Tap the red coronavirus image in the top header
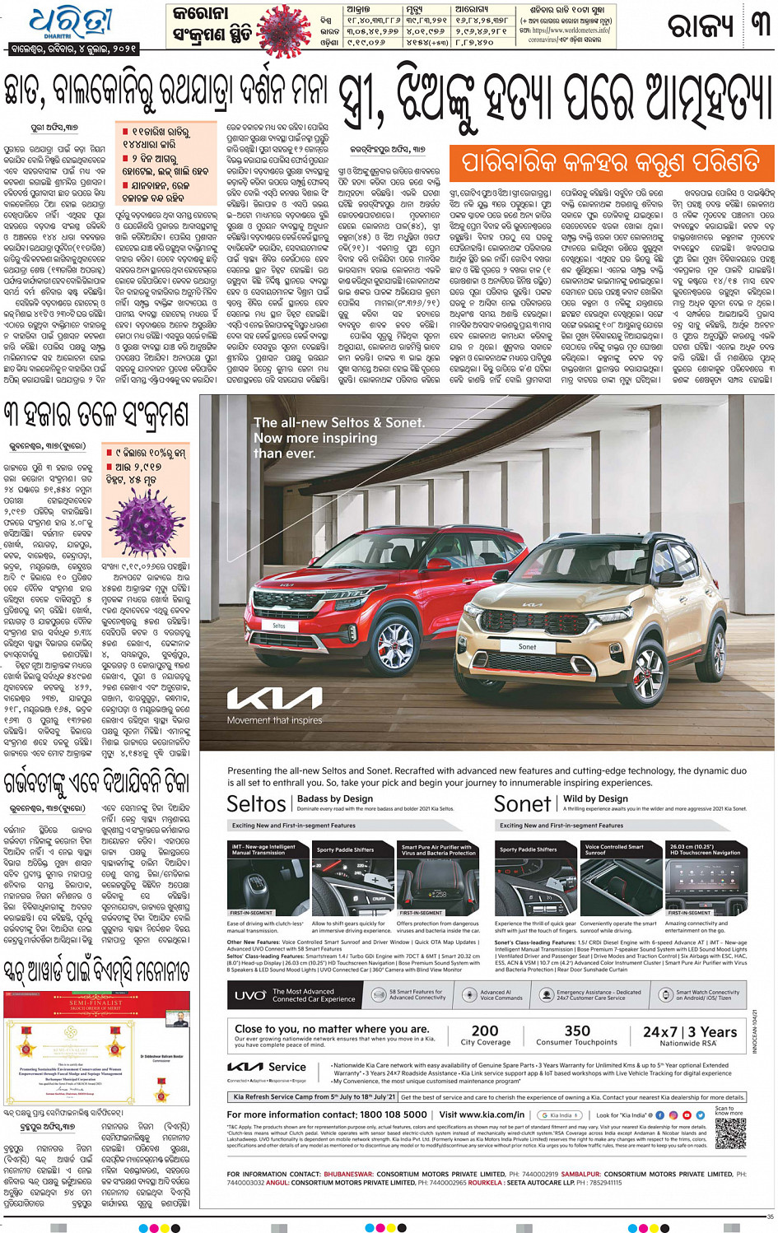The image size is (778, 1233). pos(285,30)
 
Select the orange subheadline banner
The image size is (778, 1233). pos(611,162)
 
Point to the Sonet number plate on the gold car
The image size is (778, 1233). pos(527,647)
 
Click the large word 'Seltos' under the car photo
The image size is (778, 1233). pos(256,803)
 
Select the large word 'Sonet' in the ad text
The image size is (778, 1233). pos(522,803)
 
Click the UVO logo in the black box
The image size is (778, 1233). pos(250,995)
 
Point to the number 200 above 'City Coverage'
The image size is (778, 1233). pos(485,1031)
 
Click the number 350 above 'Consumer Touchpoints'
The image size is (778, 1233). pos(577,1031)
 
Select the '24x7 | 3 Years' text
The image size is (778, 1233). pos(689,1031)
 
